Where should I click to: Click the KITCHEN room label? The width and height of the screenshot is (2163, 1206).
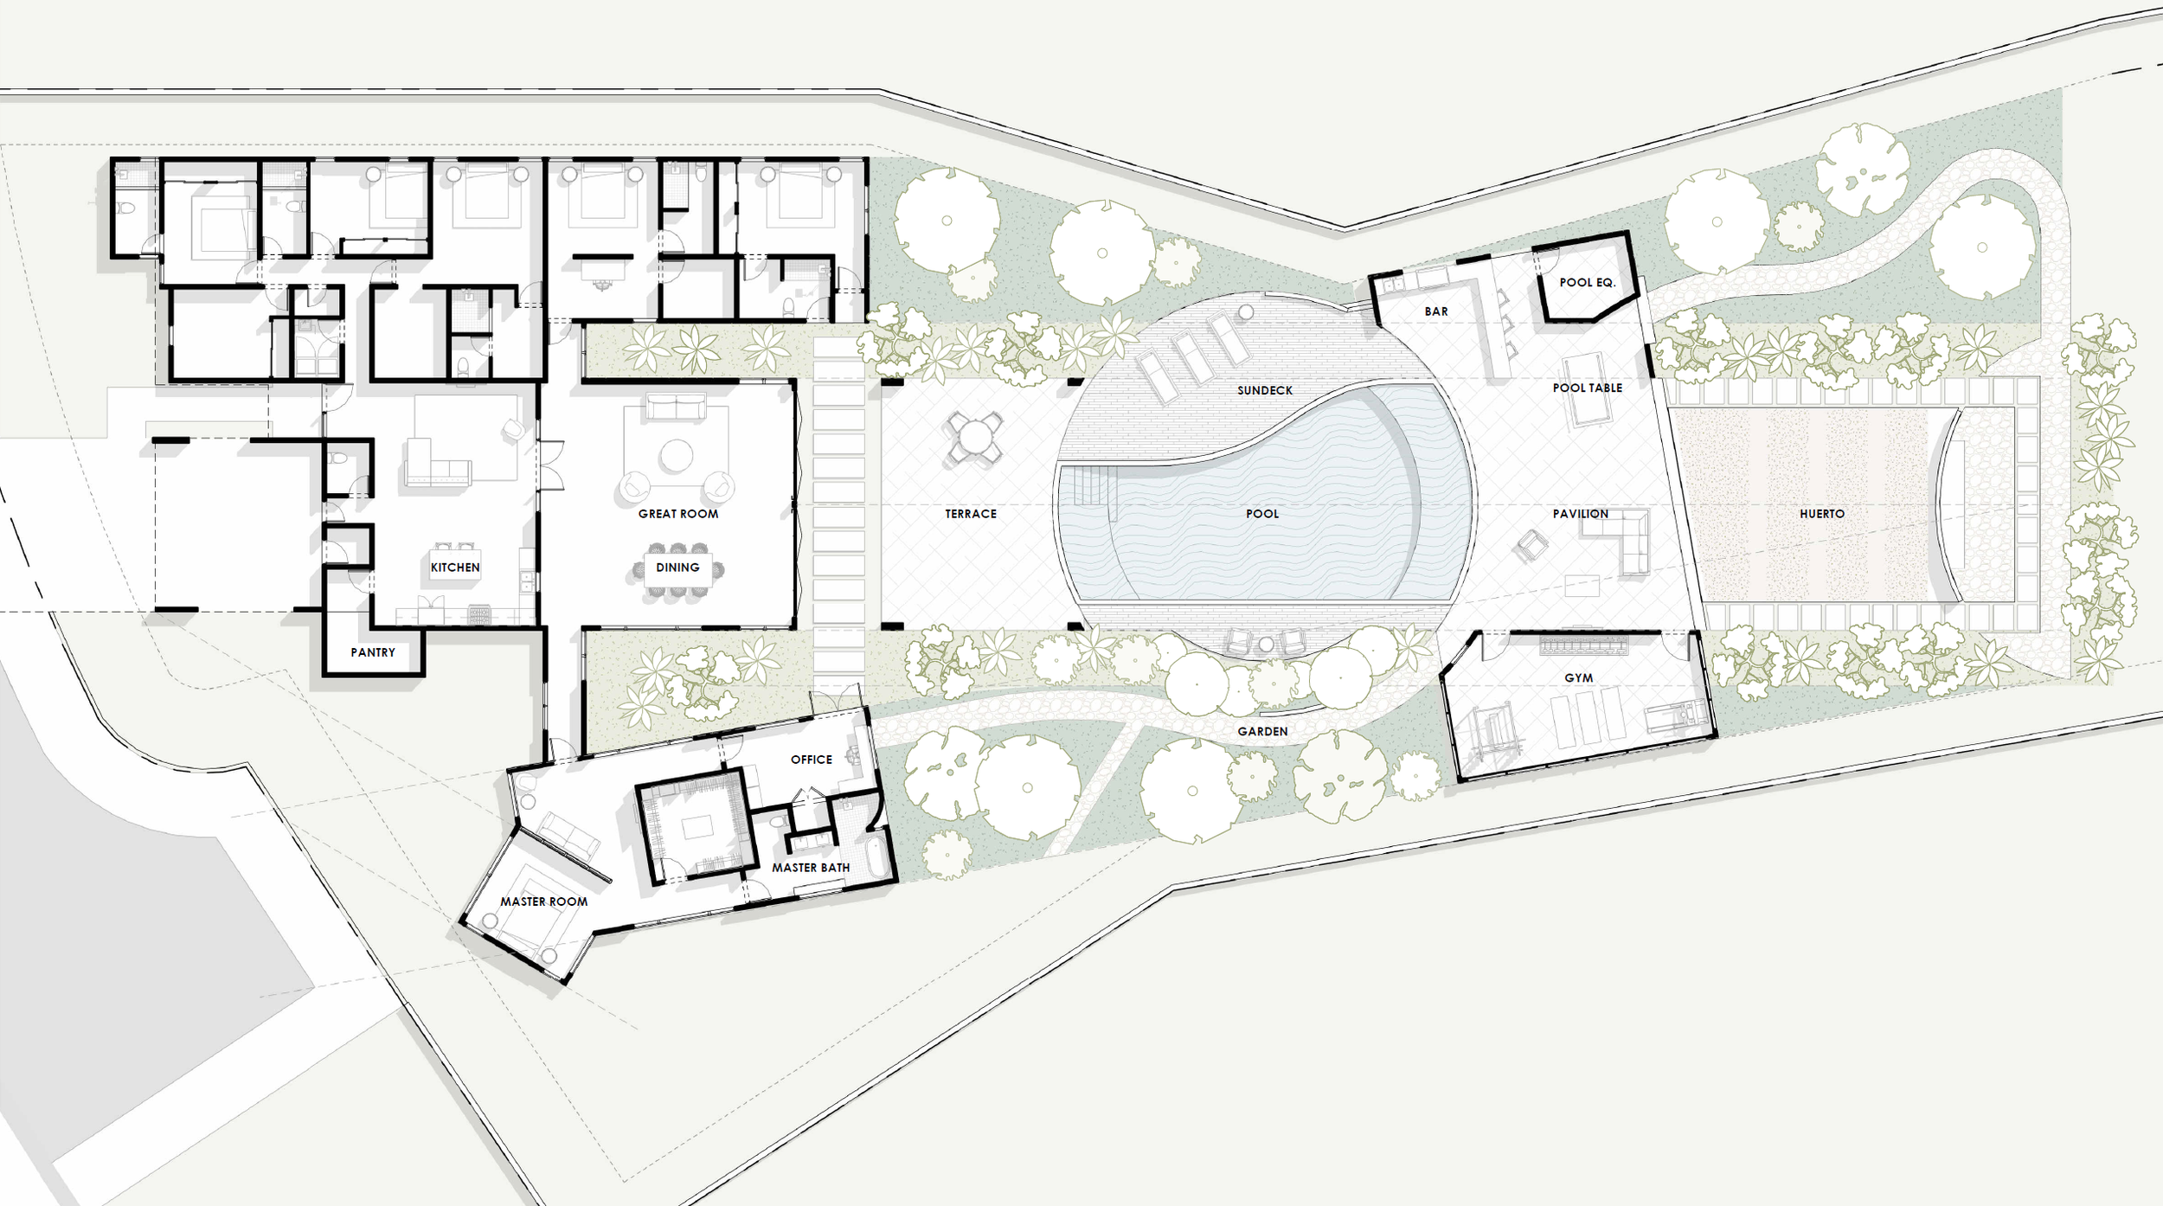pos(455,568)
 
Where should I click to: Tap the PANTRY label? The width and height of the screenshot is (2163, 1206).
pos(373,652)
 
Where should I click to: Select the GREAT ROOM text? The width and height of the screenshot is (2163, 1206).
pos(678,514)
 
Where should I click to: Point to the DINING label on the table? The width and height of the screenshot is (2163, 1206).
pos(677,568)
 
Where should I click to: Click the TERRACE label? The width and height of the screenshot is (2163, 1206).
pos(971,514)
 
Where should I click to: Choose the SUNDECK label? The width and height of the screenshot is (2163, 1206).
pos(1265,390)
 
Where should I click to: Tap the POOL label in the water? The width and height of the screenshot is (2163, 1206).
pos(1262,514)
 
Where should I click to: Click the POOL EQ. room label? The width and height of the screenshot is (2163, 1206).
pos(1588,282)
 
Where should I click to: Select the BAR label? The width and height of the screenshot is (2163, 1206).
pos(1436,311)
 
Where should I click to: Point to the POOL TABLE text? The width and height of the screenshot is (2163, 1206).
pos(1588,388)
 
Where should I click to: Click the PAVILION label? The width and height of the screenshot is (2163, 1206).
pos(1581,514)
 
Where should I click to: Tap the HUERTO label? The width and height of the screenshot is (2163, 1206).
pos(1822,514)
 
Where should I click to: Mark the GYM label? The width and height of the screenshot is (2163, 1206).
pos(1579,678)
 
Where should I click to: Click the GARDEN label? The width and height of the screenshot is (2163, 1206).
pos(1262,732)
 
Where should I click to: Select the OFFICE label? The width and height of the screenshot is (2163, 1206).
pos(812,760)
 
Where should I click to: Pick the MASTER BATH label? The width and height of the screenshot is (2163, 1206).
pos(811,868)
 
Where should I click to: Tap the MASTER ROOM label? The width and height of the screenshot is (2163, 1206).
pos(544,901)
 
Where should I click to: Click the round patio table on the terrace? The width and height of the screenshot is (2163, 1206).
pos(974,437)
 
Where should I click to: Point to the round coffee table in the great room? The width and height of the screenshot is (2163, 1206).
pos(677,455)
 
